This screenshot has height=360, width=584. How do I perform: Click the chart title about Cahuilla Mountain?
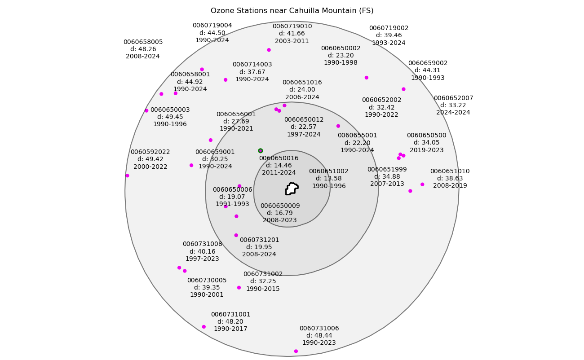coord(292,11)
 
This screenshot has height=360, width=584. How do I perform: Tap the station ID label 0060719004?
coord(212,26)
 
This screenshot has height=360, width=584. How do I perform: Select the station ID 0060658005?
coord(143,42)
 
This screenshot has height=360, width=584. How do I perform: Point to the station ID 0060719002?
coord(389,28)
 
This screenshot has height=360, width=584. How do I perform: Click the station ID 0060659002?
coord(428,63)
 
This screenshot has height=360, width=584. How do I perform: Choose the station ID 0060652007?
coord(453,98)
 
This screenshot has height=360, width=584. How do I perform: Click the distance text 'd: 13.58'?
coord(328,179)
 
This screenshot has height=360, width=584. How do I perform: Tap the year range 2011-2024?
coord(279,173)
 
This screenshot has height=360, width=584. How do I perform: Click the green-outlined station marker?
coord(261,151)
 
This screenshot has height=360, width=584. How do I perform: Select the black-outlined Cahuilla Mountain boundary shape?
coord(292,189)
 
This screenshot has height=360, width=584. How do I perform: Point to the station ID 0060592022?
coord(150,152)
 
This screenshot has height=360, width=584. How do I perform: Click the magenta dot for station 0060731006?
coord(296,351)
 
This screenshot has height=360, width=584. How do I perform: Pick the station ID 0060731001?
coord(230,315)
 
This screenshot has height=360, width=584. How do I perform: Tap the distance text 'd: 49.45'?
coord(170,117)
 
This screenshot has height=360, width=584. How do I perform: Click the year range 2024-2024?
coord(453,113)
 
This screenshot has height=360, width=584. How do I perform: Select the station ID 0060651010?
coord(450,171)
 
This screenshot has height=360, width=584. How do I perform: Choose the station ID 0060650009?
coord(280,206)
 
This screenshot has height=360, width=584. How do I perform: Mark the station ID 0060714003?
coord(252,65)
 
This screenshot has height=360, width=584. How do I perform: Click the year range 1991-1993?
coord(232,204)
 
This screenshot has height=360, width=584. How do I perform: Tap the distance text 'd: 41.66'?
coord(292,34)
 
